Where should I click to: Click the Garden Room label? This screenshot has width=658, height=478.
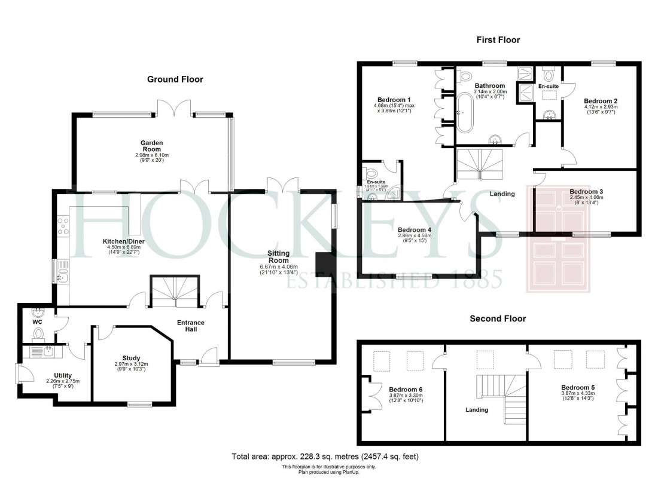pos(152,146)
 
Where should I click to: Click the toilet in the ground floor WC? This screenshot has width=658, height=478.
pos(39,332)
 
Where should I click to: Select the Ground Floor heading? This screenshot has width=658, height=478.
pos(175,79)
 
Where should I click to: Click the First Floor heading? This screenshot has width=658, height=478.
pos(498,40)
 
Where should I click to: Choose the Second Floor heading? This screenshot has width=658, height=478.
pos(498,318)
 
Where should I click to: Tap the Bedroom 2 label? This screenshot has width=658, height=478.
pos(601,100)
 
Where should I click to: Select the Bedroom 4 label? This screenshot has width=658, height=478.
pos(415,229)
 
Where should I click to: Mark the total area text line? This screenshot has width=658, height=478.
pos(325,456)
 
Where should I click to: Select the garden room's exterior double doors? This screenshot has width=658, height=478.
pos(174,108)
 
